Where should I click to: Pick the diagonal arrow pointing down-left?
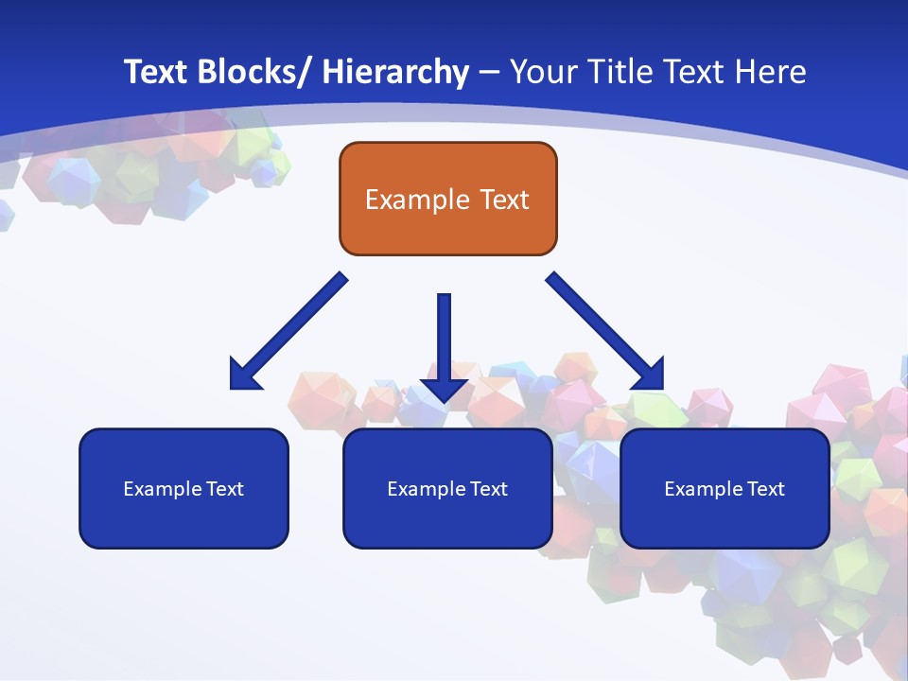tap(288, 332)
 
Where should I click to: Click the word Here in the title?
tap(770, 72)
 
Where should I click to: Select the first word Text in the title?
tap(157, 72)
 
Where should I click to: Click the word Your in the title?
tap(542, 72)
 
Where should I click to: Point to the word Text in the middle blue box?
tap(489, 489)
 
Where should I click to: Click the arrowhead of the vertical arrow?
tap(444, 390)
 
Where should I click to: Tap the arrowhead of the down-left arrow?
tap(243, 375)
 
